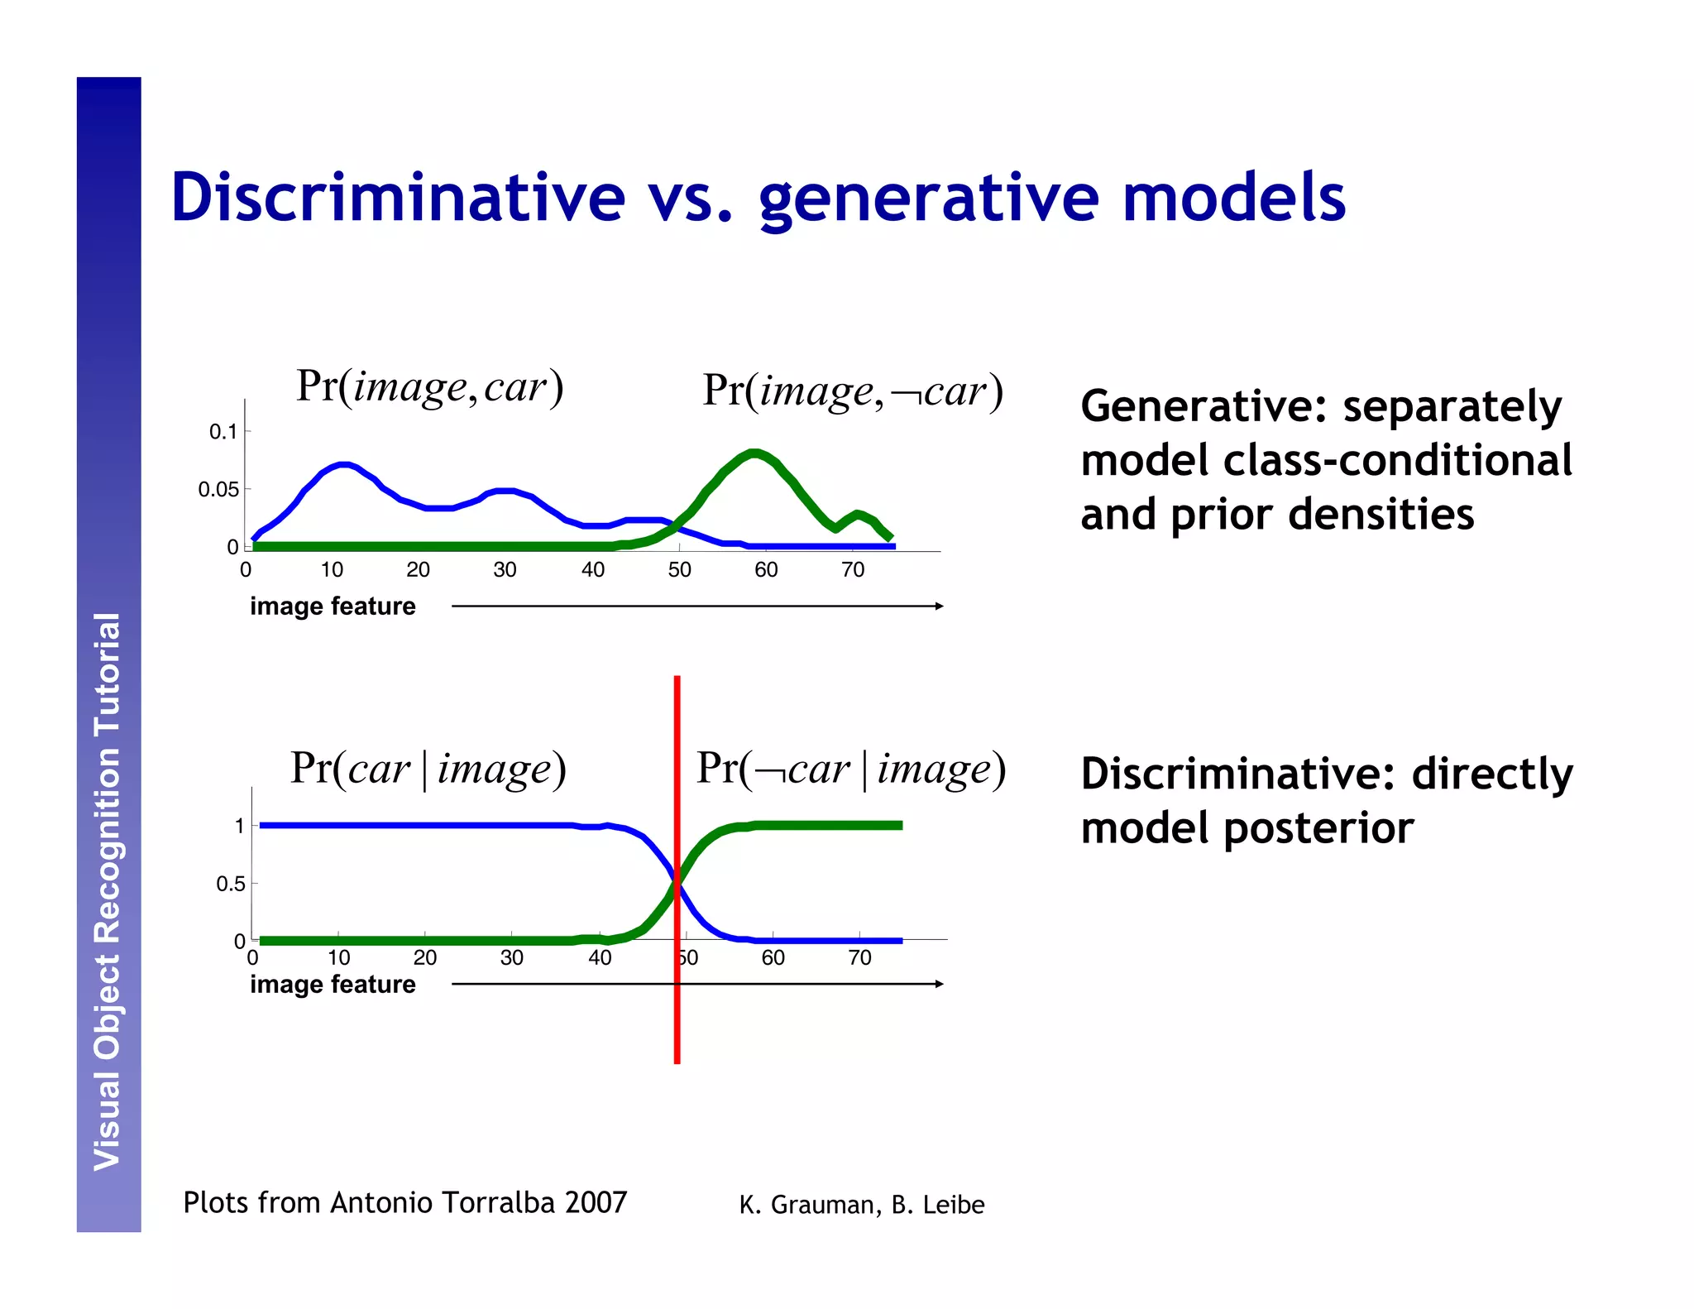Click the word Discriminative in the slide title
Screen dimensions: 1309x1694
[397, 199]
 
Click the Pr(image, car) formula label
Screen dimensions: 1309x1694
[429, 387]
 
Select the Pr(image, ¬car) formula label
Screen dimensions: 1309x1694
[852, 391]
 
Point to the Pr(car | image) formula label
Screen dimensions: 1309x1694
[428, 769]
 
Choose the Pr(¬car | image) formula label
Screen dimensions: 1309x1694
[850, 769]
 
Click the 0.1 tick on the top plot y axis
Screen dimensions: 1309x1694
[223, 432]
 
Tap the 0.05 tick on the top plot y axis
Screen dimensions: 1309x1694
[218, 490]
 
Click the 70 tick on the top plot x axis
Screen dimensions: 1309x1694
[853, 570]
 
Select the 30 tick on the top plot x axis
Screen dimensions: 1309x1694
[505, 570]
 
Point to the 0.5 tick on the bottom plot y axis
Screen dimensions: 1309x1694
[231, 884]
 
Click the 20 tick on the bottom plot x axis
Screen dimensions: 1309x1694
[425, 958]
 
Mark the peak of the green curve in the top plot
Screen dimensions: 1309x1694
[754, 453]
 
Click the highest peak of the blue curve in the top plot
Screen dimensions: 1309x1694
[344, 465]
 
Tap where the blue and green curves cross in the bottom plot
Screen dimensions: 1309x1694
[677, 884]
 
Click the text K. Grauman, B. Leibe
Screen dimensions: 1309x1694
[861, 1205]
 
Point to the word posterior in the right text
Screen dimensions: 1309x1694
[1318, 828]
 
